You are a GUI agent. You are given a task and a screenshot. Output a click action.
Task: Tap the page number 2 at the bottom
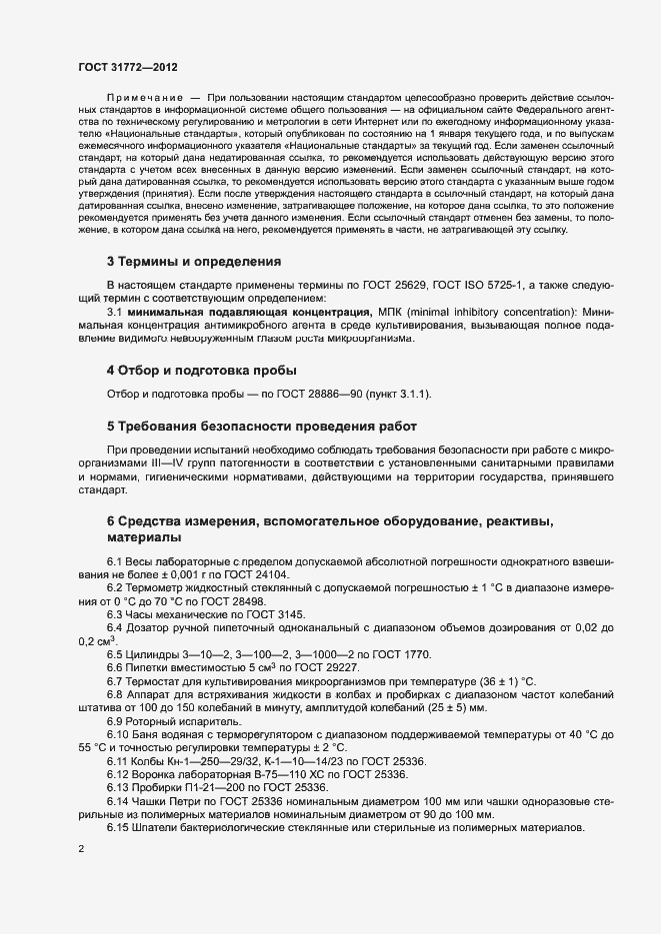(81, 849)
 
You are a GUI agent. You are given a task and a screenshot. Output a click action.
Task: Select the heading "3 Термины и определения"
(194, 262)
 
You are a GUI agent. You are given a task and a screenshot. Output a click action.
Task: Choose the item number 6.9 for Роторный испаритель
(116, 720)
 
